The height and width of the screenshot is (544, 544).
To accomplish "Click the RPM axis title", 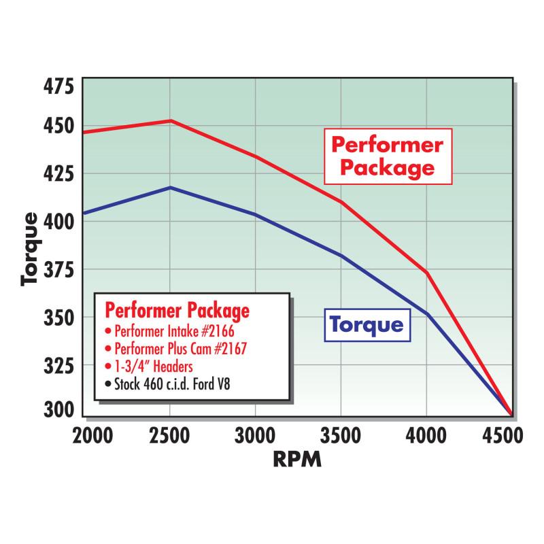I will pos(296,460).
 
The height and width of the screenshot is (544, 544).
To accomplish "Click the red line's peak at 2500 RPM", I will pos(171,121).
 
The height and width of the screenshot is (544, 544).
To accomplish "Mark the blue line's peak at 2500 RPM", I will pos(171,187).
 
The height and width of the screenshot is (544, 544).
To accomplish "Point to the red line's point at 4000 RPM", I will pos(426,272).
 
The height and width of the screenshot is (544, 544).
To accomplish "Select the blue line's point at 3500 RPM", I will pos(341,255).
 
